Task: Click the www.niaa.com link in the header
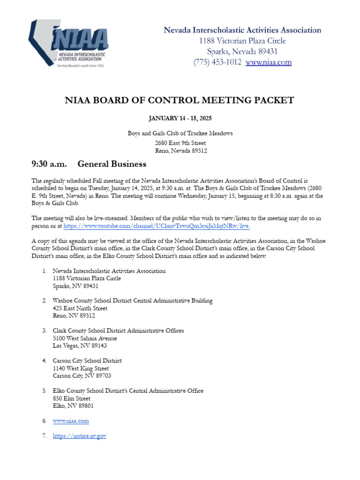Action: coord(268,62)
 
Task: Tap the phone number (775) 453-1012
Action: coord(217,62)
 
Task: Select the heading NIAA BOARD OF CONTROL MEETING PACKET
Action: coord(180,100)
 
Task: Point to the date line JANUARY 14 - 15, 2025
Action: coord(180,118)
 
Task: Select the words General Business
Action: coord(112,164)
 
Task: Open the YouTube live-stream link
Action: coord(157,226)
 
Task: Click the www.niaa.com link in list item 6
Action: coord(71,421)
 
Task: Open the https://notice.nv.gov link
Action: coord(80,436)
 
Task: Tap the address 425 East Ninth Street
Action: coord(80,308)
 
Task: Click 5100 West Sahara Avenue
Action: coord(85,338)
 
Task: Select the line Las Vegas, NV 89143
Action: coord(80,346)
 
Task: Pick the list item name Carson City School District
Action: coord(87,361)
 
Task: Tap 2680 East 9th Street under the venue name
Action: coord(180,143)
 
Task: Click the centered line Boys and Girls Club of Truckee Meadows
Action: coord(180,134)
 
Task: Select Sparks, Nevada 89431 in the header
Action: coord(242,52)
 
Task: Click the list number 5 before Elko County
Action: coord(44,391)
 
